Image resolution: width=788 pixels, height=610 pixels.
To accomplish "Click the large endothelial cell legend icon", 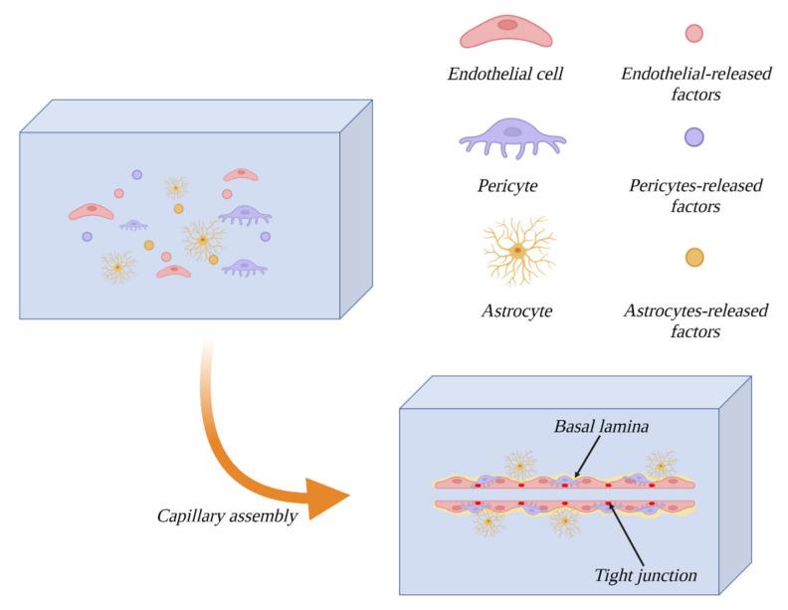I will click(x=506, y=31).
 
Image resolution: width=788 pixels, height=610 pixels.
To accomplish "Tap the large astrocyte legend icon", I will click(x=515, y=250).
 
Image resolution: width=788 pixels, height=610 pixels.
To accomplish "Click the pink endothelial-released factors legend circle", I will click(x=694, y=33).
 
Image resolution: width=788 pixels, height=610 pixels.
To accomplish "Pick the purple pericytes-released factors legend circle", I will click(x=694, y=137).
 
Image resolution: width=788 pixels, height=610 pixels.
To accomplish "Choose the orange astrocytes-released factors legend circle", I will click(x=694, y=257).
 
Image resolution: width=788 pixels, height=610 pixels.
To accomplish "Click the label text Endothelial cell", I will click(x=505, y=75).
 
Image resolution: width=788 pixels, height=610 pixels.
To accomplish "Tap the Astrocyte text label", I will click(x=514, y=310).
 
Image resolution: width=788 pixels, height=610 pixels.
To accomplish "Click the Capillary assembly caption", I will click(x=226, y=516).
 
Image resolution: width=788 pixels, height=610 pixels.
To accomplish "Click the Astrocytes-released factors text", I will click(x=694, y=320).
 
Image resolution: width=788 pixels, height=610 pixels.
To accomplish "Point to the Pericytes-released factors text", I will click(x=694, y=196).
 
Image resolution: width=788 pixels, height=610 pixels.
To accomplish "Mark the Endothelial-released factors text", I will click(x=694, y=85).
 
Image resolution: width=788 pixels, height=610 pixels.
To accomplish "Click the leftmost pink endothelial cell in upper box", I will click(x=91, y=211).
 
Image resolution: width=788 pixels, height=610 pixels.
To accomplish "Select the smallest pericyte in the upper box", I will click(x=134, y=225).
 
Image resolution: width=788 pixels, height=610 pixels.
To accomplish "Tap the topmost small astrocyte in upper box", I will click(x=176, y=186).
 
